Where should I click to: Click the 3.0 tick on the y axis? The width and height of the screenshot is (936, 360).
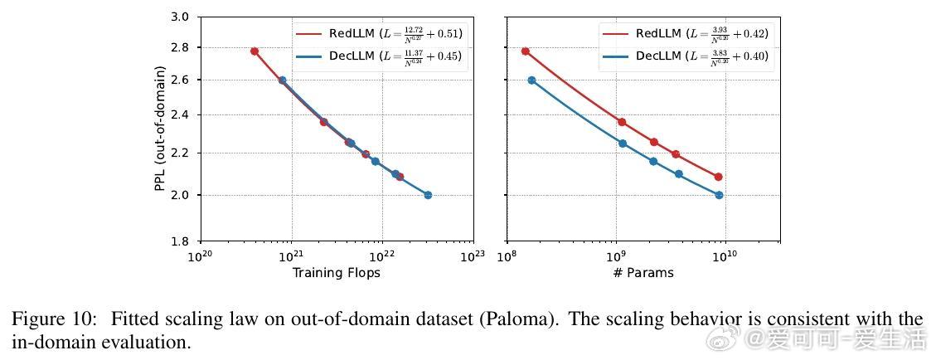[180, 17]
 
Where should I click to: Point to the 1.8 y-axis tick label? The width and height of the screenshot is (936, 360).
[180, 241]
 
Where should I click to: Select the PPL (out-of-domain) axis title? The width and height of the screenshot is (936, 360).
[159, 129]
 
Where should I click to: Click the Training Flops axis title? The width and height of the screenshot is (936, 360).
[337, 272]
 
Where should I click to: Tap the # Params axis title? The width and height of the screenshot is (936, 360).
[643, 272]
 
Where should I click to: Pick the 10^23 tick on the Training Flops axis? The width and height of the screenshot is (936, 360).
[473, 256]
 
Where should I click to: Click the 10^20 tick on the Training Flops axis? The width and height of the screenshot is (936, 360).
[200, 256]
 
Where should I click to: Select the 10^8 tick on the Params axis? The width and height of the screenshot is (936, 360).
[507, 256]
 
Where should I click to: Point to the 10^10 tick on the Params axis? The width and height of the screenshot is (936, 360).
[725, 256]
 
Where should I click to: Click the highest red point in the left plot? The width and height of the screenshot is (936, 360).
[255, 51]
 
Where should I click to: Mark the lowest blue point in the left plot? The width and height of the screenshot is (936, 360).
[428, 195]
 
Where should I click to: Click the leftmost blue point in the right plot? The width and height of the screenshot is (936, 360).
[531, 80]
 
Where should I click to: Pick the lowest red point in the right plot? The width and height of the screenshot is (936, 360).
[718, 177]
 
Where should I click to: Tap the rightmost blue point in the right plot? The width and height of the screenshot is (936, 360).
[719, 195]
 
